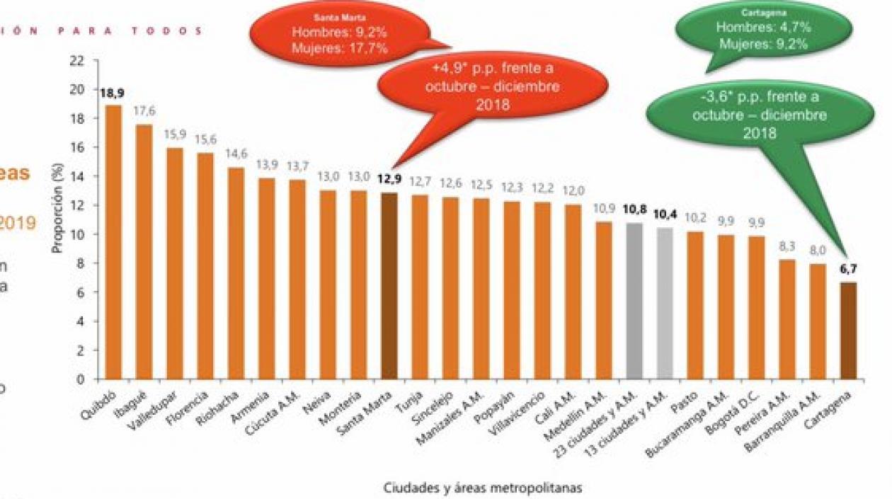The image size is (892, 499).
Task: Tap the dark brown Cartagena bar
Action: point(848,330)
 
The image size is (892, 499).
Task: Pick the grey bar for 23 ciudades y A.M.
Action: point(634,301)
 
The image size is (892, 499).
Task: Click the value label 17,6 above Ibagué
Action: point(144,110)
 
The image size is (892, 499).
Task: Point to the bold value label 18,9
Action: point(113,93)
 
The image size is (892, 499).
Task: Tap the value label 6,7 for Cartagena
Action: point(848,269)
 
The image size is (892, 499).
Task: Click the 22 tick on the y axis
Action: point(76,61)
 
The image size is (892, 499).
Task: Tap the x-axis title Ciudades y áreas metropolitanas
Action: point(484,487)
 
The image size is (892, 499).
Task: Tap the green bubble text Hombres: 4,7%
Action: point(762,28)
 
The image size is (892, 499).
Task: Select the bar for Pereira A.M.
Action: point(787,319)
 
